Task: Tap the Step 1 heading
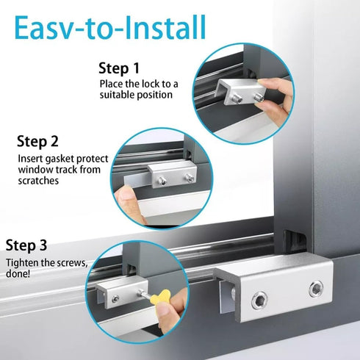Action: coord(118,68)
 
